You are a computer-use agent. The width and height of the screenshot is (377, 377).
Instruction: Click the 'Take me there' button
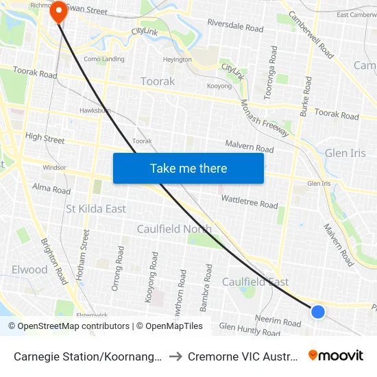coord(188,169)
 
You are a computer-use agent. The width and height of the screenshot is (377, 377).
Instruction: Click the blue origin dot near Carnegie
coord(318,312)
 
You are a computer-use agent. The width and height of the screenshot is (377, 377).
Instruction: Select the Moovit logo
coord(336,355)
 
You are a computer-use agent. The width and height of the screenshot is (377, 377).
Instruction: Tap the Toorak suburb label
coord(158,81)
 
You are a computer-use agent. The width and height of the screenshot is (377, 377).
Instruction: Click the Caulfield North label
coord(174,229)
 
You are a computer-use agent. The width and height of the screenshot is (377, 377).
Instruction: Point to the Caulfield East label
coord(255,282)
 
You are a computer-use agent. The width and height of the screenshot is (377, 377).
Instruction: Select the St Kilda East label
coord(96,208)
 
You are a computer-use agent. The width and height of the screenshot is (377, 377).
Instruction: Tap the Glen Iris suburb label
coord(345,153)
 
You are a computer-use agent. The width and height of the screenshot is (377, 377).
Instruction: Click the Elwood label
coord(29,269)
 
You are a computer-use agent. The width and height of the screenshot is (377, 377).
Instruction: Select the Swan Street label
coord(87,12)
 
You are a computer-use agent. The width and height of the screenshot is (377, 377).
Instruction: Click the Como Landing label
coord(104,59)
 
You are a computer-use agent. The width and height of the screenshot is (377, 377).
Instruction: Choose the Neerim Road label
coord(278,322)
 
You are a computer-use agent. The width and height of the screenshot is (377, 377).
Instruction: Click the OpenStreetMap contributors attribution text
coord(73,326)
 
